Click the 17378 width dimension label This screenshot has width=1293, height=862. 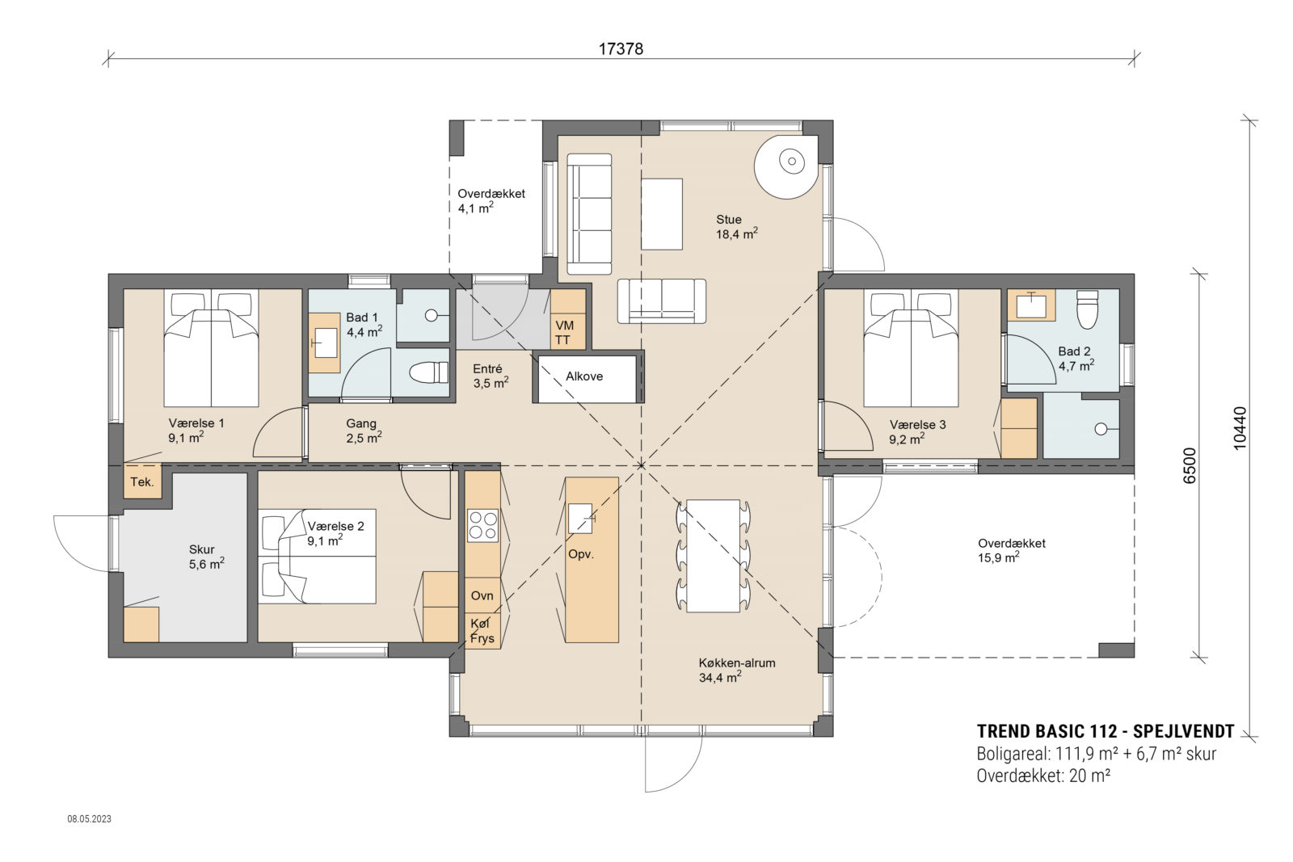click(620, 48)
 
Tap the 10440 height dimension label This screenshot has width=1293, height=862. click(1241, 426)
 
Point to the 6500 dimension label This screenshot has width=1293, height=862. click(1189, 465)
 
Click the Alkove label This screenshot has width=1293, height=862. click(583, 376)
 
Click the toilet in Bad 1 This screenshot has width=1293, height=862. click(427, 373)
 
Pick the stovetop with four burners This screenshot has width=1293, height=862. click(482, 524)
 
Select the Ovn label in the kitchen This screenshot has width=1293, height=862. click(482, 595)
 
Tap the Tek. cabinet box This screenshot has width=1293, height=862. click(142, 482)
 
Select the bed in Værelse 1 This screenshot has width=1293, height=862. click(211, 348)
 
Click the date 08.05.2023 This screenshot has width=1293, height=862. click(89, 819)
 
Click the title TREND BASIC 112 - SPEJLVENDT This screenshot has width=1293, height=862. click(1105, 732)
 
